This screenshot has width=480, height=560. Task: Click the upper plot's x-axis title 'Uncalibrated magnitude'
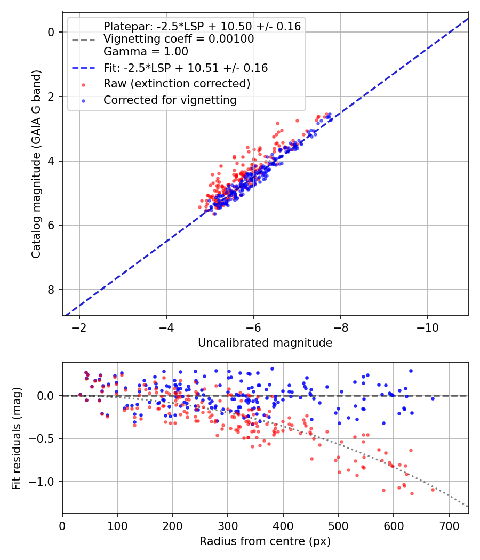point(265,343)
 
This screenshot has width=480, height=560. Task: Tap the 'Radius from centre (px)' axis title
point(265,541)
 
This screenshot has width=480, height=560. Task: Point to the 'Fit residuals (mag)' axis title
point(17,438)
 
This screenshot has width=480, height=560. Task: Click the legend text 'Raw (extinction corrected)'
point(177,84)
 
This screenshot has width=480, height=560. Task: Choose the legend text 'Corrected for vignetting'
point(170,100)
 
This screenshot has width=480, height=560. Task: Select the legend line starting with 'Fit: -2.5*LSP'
point(186,68)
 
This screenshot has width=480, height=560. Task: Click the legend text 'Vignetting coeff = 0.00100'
point(179,39)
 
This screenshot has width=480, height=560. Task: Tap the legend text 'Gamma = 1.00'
point(146,52)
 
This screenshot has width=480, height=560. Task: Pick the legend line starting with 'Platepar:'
point(202,26)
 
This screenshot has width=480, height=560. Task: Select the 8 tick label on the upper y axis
point(51,290)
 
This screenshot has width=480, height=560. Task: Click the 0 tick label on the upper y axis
point(51,32)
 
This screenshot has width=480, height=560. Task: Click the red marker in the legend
point(83,84)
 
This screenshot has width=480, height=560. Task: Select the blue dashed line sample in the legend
point(83,68)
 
